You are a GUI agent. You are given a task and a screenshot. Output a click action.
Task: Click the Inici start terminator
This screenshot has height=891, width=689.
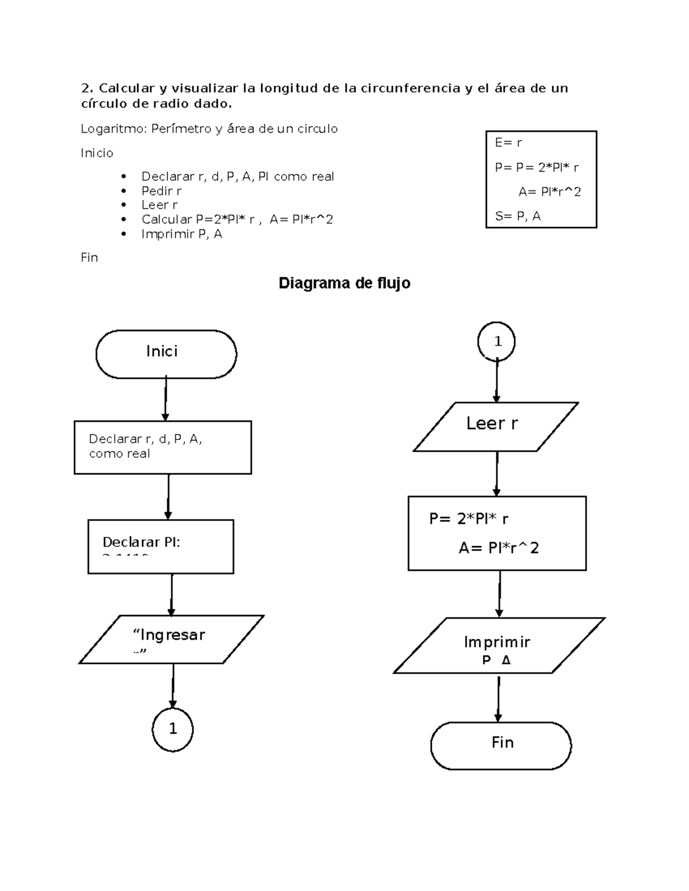[166, 353]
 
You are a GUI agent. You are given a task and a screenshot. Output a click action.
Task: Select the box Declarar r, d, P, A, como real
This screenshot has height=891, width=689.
[162, 447]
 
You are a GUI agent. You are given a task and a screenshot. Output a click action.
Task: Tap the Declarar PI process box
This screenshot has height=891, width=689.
[161, 546]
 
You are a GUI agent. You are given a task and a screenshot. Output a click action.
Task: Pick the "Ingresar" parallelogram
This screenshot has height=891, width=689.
[171, 639]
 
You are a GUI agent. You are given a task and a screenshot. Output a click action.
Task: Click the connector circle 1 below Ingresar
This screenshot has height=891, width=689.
[173, 729]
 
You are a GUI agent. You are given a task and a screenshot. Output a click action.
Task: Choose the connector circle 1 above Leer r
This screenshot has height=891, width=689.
[497, 341]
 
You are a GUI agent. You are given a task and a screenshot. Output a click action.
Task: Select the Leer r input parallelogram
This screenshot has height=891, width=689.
[496, 426]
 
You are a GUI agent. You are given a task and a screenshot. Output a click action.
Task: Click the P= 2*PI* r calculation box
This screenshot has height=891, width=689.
[497, 533]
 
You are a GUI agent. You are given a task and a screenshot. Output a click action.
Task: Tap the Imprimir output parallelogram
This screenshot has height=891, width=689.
[498, 645]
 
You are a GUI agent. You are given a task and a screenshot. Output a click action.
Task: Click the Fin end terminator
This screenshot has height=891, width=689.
[501, 745]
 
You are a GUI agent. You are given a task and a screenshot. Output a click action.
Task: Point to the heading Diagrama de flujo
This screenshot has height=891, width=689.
[344, 283]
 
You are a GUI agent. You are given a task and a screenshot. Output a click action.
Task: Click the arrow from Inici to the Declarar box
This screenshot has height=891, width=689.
[165, 399]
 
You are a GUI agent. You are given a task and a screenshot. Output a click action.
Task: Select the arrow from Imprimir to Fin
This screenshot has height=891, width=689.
[498, 698]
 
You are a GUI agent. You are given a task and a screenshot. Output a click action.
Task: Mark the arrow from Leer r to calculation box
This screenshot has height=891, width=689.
[497, 473]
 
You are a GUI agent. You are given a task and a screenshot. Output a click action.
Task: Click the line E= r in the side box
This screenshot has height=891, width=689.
[508, 143]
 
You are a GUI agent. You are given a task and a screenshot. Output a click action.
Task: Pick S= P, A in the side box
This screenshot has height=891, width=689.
[517, 216]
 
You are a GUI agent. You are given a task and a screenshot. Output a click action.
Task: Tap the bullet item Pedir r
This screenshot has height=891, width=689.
[161, 190]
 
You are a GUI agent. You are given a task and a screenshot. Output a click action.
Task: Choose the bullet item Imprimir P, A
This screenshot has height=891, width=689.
[181, 234]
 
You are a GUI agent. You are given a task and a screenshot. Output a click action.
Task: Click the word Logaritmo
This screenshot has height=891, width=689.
[113, 129]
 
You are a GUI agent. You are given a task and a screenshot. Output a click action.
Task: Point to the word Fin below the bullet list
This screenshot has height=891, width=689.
[89, 257]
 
